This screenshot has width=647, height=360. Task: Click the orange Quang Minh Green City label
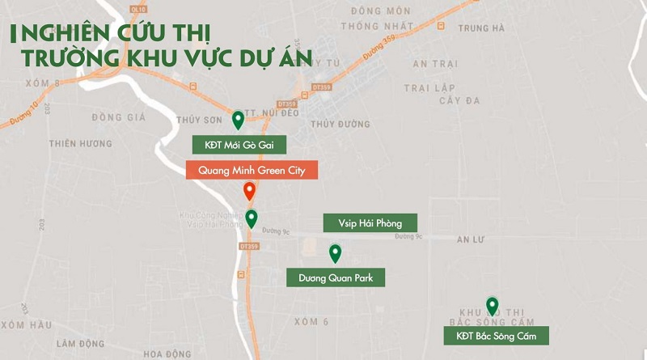tap(252, 170)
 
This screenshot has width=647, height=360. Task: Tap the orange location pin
tap(250, 192)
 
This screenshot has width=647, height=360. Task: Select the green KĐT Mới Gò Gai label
tap(240, 145)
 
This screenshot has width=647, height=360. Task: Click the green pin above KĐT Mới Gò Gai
tap(238, 121)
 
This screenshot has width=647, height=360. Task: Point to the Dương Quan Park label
tap(336, 277)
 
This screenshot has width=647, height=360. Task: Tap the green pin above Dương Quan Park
tap(335, 254)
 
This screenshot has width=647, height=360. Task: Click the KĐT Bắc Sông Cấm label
tap(497, 336)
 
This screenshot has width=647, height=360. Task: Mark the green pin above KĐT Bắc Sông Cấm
tap(492, 307)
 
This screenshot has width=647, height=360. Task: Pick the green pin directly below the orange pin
tap(252, 218)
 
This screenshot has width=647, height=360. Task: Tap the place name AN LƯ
tap(472, 240)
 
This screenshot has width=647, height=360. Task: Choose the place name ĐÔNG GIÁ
tap(118, 117)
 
